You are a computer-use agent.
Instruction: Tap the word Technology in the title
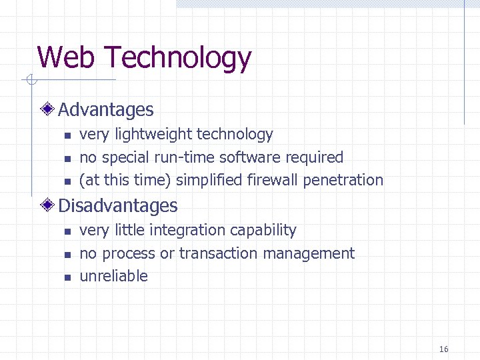(178, 59)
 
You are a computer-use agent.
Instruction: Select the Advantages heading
(106, 110)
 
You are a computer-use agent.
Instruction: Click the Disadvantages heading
(118, 206)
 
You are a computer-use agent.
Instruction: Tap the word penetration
(343, 181)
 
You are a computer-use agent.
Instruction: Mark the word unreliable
(113, 276)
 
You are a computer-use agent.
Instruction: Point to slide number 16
(444, 349)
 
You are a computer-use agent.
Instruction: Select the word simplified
(209, 181)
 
